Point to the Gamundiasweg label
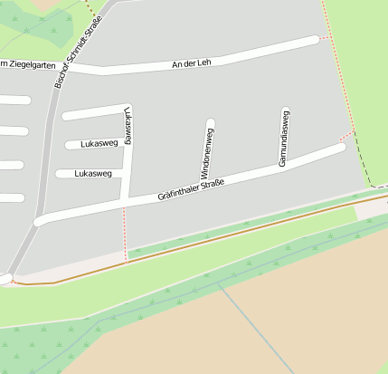point(283,138)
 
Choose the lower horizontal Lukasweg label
point(93,173)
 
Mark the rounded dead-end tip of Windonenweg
point(211,123)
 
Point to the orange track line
point(226,237)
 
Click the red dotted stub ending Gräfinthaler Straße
point(345,140)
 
